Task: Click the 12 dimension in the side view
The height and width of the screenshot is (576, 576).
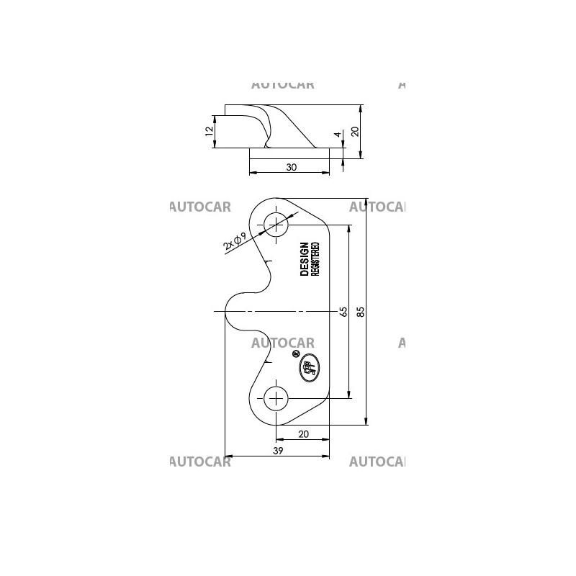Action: pos(209,131)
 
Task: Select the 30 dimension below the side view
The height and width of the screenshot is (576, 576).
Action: pos(291,167)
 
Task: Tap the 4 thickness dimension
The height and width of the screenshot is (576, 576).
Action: pos(336,135)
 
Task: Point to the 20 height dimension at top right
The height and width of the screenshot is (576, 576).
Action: pos(354,131)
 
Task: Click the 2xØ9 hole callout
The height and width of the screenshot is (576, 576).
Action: pos(235,241)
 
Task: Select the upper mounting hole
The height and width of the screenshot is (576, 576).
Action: pos(276,225)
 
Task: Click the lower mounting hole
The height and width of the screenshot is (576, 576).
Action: pos(276,397)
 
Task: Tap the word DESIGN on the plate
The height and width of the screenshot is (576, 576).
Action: pos(305,259)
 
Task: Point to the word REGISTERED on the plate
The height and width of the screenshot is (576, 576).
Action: pos(315,260)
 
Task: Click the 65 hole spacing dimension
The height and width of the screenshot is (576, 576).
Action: pos(343,311)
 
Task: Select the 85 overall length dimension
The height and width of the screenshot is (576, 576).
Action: pos(361,311)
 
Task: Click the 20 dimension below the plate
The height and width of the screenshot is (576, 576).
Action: pos(303,433)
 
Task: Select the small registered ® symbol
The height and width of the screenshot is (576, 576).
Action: pos(295,354)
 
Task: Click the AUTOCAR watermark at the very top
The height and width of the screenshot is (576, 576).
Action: pos(282,84)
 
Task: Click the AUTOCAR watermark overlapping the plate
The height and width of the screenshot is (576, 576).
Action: pos(282,343)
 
